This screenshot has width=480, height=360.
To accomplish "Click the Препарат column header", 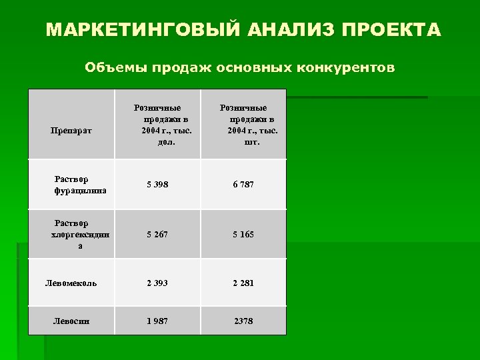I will [71, 131].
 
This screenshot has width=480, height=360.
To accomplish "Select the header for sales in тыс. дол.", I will [157, 125].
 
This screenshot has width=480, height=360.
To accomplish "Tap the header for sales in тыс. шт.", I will [243, 125].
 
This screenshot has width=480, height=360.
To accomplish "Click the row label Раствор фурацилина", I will [71, 185].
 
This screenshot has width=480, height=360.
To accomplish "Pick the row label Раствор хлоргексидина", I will [71, 234].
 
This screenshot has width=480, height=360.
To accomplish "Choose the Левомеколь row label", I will [71, 283].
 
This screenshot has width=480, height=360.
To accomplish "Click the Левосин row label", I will [71, 321].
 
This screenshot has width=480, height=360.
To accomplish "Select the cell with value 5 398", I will [157, 185].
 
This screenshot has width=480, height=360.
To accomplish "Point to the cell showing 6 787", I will [243, 185].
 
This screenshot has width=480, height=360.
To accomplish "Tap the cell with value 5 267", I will [157, 234].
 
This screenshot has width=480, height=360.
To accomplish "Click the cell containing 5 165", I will [243, 234].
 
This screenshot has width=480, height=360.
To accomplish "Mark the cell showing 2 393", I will [157, 283].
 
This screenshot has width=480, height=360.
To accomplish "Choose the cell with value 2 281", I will [243, 283].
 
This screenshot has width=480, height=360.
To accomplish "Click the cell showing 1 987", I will [157, 321].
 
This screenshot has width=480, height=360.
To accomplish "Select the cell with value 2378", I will [243, 321].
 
